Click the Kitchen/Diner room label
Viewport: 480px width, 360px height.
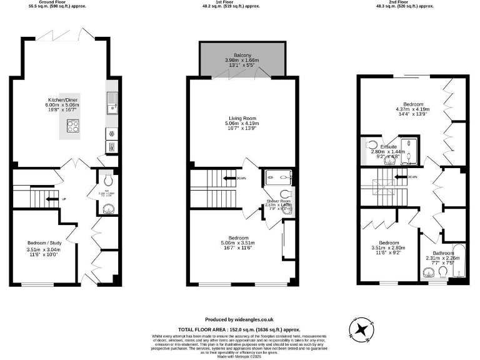60,99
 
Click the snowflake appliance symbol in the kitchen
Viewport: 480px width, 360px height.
112,132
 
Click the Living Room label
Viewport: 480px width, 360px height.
242,117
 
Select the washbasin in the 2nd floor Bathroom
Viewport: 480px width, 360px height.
429,272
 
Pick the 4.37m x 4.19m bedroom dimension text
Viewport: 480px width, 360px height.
413,110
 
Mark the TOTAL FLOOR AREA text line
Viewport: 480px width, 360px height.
239,329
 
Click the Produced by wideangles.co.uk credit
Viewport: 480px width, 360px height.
239,319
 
